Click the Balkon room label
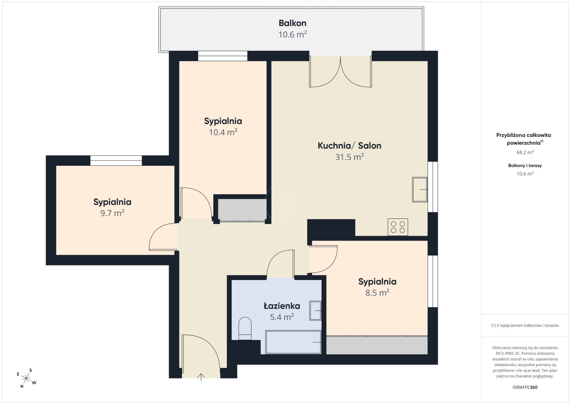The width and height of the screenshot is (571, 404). pyautogui.click(x=292, y=23)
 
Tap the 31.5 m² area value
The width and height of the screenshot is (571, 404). pyautogui.click(x=349, y=157)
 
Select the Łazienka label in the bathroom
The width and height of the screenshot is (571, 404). pyautogui.click(x=282, y=306)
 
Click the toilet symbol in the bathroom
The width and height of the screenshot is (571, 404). pyautogui.click(x=245, y=328)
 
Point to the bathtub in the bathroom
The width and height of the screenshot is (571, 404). pyautogui.click(x=293, y=342)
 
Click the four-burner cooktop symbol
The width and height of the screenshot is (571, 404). pyautogui.click(x=398, y=227)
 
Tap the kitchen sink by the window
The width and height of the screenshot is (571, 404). pyautogui.click(x=419, y=190)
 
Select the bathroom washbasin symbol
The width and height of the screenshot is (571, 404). pyautogui.click(x=315, y=310)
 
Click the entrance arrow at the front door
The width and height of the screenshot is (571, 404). pyautogui.click(x=201, y=377)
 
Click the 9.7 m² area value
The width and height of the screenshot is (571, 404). pyautogui.click(x=112, y=213)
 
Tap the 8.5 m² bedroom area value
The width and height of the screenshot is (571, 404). pyautogui.click(x=377, y=293)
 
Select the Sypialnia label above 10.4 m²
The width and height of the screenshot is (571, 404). pyautogui.click(x=223, y=121)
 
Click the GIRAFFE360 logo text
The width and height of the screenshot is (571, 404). pyautogui.click(x=525, y=387)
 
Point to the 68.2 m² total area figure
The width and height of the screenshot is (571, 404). pyautogui.click(x=525, y=153)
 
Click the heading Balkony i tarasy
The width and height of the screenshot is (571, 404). pyautogui.click(x=525, y=165)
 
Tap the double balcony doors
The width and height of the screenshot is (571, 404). pyautogui.click(x=341, y=71)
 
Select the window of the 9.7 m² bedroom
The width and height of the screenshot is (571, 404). pyautogui.click(x=116, y=161)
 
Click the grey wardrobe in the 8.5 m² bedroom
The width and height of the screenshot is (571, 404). pyautogui.click(x=377, y=345)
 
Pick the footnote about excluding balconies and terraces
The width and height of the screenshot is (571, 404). pyautogui.click(x=525, y=325)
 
